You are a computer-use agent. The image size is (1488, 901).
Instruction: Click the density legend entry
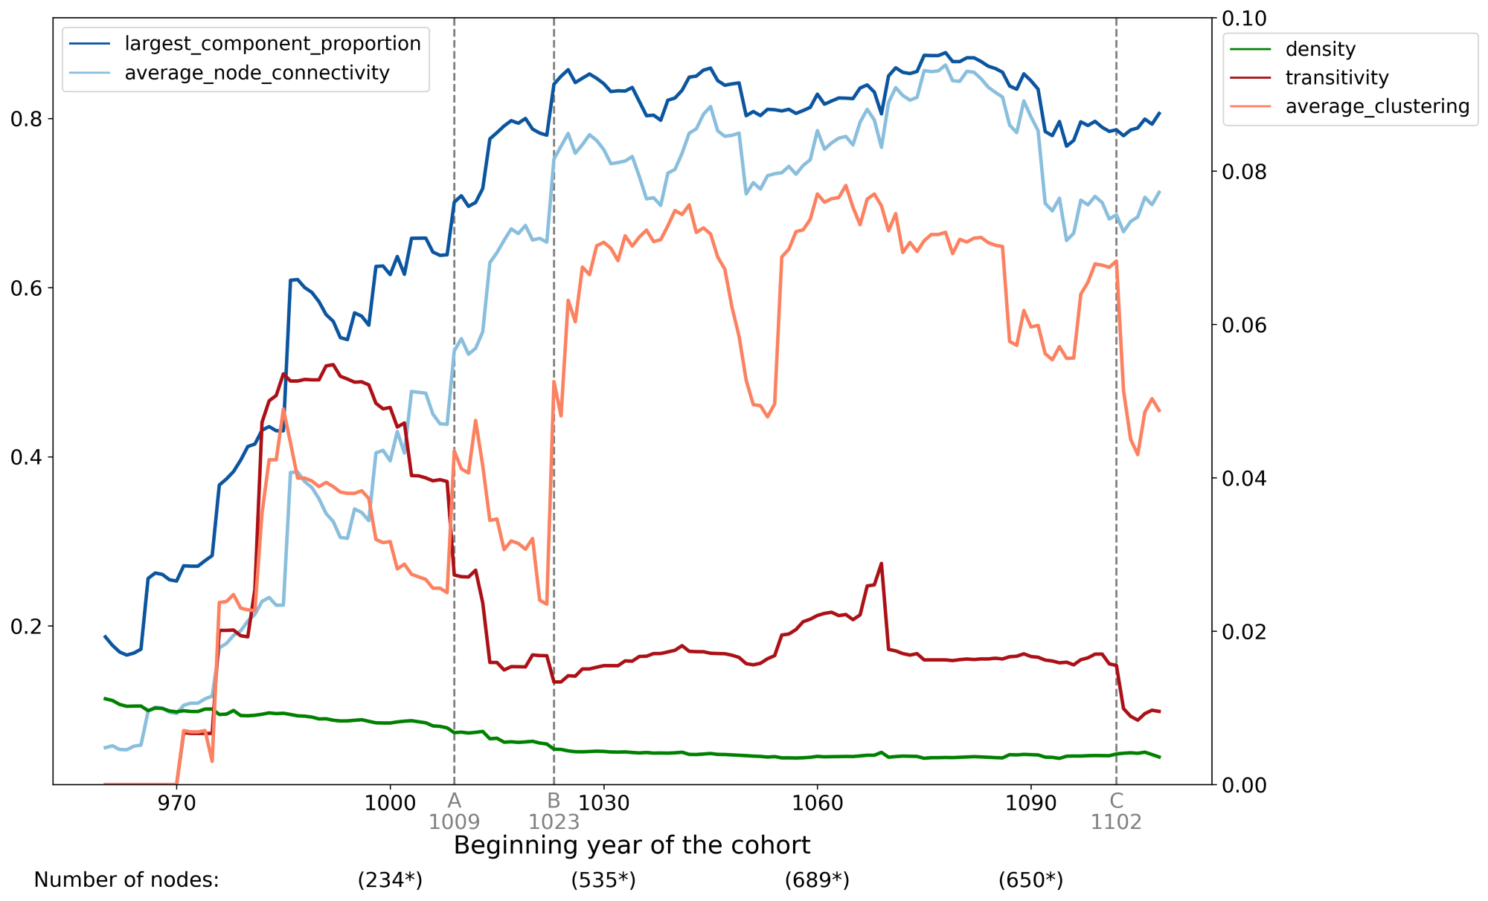1320,49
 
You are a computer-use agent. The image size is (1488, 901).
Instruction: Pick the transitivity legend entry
1336,78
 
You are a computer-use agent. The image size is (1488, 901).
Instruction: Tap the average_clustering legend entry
1376,106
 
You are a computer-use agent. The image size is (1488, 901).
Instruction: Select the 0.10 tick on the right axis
1245,19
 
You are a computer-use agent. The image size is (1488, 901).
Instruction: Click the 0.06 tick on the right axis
1245,325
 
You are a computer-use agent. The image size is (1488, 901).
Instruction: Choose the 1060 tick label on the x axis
817,804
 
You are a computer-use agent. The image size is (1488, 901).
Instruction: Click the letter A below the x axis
454,801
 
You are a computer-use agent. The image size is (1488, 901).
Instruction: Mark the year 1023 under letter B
554,822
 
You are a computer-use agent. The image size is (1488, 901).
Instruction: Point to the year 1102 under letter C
1116,822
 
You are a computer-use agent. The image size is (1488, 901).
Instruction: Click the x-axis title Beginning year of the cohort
632,846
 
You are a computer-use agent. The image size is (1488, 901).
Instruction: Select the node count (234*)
390,880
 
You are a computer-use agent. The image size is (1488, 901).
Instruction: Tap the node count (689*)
817,880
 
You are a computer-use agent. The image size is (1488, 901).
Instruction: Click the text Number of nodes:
126,880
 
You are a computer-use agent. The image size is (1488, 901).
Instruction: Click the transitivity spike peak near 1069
881,563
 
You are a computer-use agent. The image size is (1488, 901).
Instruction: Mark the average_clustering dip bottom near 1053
767,417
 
